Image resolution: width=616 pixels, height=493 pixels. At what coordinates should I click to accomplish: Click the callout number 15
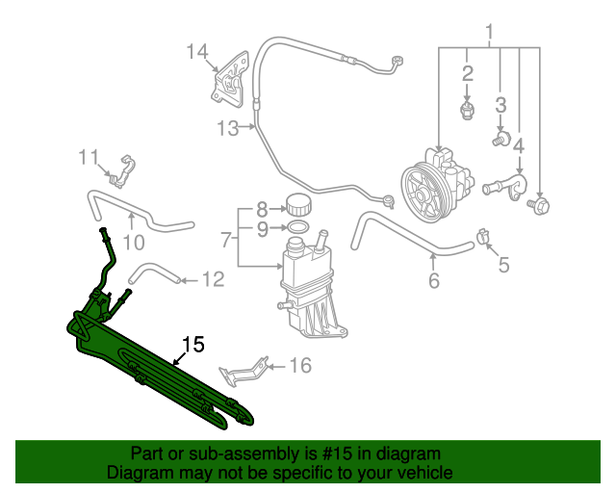point(193,344)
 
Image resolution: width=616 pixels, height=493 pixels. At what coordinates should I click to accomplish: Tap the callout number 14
point(196,51)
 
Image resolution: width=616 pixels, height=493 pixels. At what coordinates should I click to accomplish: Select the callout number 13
point(226,128)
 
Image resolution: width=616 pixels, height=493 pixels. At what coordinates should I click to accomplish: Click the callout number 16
point(301,366)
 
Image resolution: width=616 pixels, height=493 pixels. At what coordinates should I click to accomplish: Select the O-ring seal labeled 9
point(298,228)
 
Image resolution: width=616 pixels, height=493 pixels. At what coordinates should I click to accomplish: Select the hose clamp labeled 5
point(483,236)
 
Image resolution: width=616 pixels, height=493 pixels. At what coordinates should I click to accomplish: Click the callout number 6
point(433,281)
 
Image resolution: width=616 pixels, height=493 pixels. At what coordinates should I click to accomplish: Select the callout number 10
point(133,241)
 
